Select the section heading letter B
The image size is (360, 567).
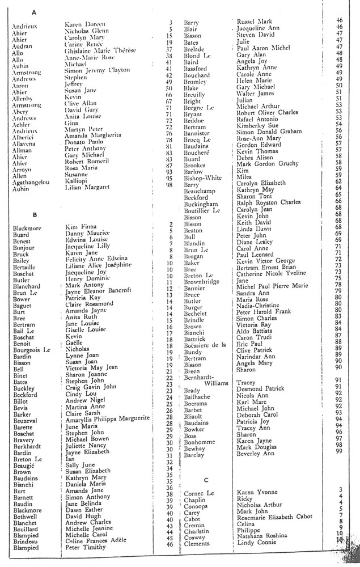(35, 215)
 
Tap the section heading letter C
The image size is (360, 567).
(206, 479)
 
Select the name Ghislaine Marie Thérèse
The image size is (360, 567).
(101, 50)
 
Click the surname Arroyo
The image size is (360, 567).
(23, 170)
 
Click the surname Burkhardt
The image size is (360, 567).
(28, 445)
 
